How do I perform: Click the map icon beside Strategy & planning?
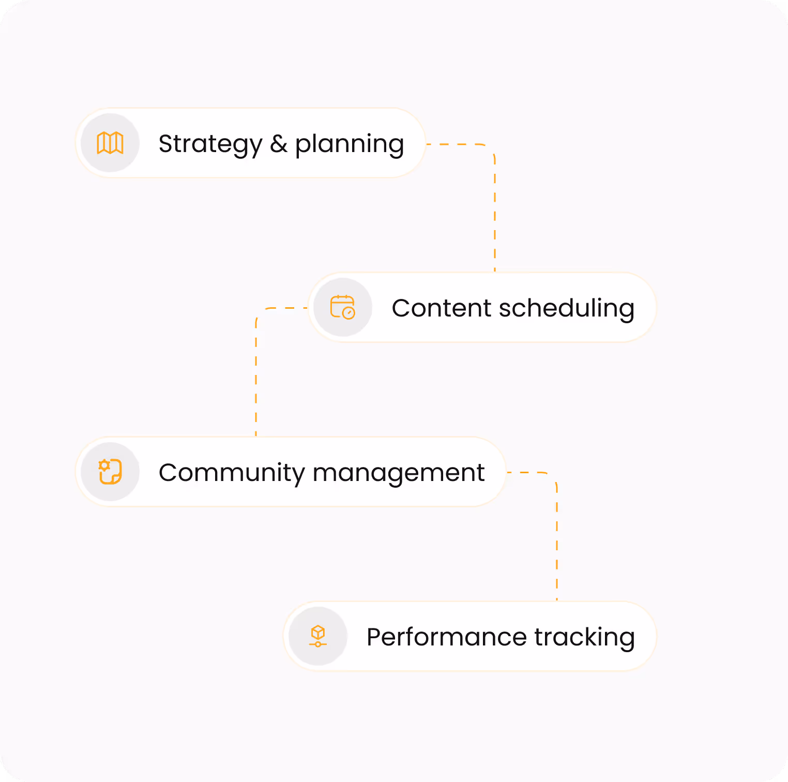pyautogui.click(x=110, y=143)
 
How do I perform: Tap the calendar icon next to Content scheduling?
pyautogui.click(x=342, y=307)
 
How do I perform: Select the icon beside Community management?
pyautogui.click(x=110, y=472)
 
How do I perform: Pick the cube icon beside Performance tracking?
pyautogui.click(x=317, y=636)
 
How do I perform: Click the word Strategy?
pyautogui.click(x=210, y=144)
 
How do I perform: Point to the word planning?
pyautogui.click(x=350, y=144)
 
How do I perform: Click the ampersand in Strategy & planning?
pyautogui.click(x=279, y=144)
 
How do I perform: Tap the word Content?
pyautogui.click(x=441, y=308)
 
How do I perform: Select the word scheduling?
pyautogui.click(x=566, y=308)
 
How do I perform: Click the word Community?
pyautogui.click(x=232, y=473)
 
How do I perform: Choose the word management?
pyautogui.click(x=399, y=473)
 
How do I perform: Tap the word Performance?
pyautogui.click(x=447, y=637)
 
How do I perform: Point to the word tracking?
pyautogui.click(x=584, y=637)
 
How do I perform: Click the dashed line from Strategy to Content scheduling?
pyautogui.click(x=495, y=207)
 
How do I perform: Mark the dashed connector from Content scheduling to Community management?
pyautogui.click(x=256, y=372)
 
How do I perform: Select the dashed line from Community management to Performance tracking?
pyautogui.click(x=557, y=538)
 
